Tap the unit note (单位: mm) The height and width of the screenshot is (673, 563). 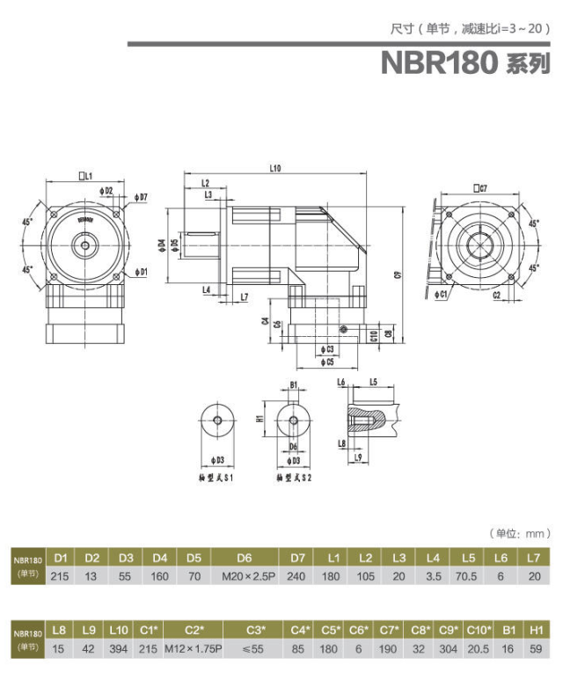pyautogui.click(x=519, y=533)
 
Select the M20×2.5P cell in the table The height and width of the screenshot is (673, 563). pyautogui.click(x=244, y=575)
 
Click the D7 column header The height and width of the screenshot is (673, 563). pyautogui.click(x=297, y=558)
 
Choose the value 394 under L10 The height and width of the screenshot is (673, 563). pyautogui.click(x=119, y=648)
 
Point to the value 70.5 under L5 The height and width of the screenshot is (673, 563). pyautogui.click(x=469, y=575)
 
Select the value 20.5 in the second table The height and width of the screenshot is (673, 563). pyautogui.click(x=479, y=648)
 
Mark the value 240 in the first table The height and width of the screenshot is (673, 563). pyautogui.click(x=297, y=575)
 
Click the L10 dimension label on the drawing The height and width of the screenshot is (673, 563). pyautogui.click(x=274, y=167)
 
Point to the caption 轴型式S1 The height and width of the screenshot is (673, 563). pyautogui.click(x=216, y=478)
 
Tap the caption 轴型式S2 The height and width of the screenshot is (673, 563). pyautogui.click(x=293, y=478)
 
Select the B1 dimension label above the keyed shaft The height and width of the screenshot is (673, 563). pyautogui.click(x=294, y=384)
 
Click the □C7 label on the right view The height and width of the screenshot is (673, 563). pyautogui.click(x=479, y=187)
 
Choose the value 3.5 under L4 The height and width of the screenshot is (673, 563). pyautogui.click(x=433, y=575)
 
